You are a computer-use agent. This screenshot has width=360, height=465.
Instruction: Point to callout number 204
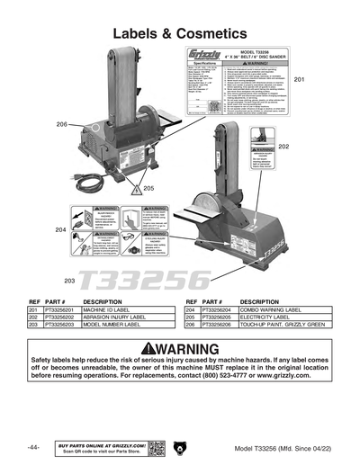(59, 230)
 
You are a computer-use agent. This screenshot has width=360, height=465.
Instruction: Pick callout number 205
(148, 188)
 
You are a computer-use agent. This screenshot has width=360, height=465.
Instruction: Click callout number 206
(61, 124)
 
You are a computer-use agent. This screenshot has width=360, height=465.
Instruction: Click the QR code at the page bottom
(156, 447)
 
